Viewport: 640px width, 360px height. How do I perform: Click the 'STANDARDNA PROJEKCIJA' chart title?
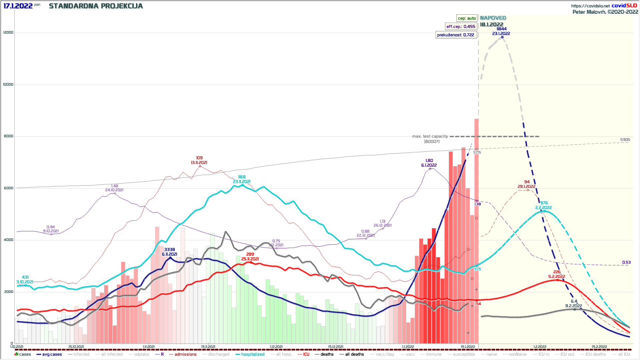click(x=96, y=6)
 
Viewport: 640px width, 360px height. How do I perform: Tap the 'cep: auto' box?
click(x=467, y=18)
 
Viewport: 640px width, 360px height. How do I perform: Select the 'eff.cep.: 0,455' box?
click(x=461, y=27)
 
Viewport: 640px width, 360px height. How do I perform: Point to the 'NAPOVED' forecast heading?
click(x=493, y=18)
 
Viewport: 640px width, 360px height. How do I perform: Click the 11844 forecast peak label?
click(x=501, y=29)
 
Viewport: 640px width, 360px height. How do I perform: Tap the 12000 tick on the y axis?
click(x=8, y=33)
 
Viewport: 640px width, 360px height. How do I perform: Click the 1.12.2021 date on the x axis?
click(x=276, y=347)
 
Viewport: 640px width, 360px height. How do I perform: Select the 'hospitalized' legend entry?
click(x=252, y=354)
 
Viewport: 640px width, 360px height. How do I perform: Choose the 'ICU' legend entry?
click(x=306, y=354)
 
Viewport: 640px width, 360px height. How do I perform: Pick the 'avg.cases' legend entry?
click(x=52, y=354)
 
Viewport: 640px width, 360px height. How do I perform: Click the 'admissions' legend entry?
click(x=185, y=354)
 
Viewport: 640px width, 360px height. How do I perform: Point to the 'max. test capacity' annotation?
click(x=430, y=136)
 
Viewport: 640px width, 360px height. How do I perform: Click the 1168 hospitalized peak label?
click(x=242, y=177)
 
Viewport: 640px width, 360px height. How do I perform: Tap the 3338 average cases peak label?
click(x=169, y=250)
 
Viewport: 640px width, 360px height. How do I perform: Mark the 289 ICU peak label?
click(x=250, y=254)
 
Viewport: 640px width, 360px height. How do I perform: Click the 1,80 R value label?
click(x=429, y=161)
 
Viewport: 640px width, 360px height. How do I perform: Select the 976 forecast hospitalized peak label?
click(x=544, y=203)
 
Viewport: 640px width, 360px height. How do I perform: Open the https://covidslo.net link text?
click(x=590, y=6)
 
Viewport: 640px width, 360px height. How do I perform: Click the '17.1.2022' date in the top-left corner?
click(x=18, y=6)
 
